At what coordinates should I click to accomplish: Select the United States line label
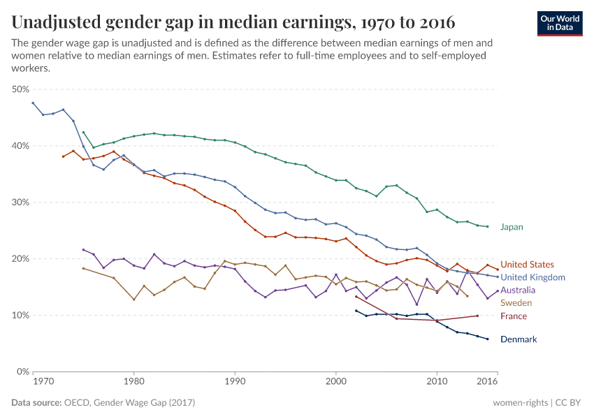(527, 265)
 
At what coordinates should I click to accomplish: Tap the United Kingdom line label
(533, 277)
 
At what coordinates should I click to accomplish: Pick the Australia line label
(519, 290)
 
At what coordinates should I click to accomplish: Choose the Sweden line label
(516, 303)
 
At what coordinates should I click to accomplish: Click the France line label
(514, 316)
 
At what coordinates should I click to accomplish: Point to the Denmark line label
(519, 339)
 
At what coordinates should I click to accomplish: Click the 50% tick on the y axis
(20, 89)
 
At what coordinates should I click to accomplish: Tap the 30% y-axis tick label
(20, 203)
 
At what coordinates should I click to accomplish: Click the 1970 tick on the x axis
(43, 382)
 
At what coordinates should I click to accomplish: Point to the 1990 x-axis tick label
(235, 382)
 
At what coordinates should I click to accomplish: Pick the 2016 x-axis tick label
(487, 382)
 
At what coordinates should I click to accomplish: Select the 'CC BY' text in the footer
(570, 403)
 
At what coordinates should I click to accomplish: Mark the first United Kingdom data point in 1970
(33, 103)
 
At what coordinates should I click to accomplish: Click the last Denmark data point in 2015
(487, 339)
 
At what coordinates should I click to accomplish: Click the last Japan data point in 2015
(487, 227)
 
